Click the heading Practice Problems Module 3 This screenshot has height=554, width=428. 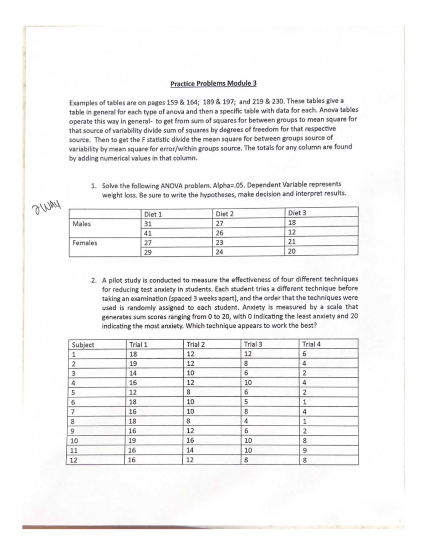point(213,84)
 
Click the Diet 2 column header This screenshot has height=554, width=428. point(225,214)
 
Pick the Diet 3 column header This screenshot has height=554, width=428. point(297,213)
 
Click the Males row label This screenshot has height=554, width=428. point(82,224)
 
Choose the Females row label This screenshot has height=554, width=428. point(85,243)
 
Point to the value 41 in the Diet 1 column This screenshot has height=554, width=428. point(148,234)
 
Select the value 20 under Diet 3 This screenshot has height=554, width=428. point(292,251)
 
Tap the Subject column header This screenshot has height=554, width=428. point(83,345)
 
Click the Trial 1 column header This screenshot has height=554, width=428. point(138,345)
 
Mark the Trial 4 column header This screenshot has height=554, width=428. point(311,344)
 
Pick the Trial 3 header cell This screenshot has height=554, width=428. point(253,344)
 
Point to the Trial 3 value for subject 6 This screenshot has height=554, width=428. point(246,402)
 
